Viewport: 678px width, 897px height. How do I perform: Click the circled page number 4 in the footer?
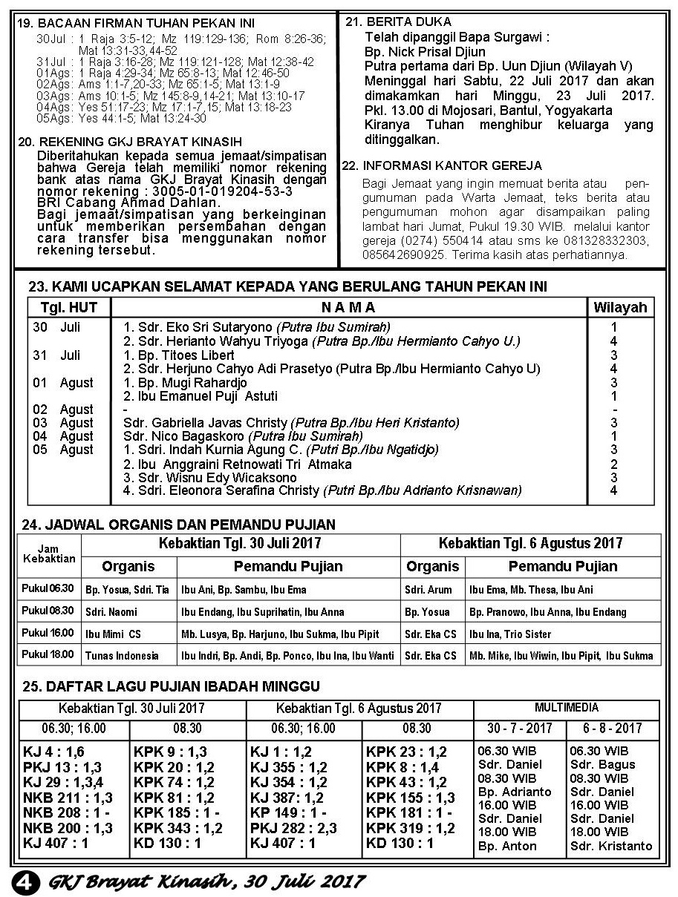click(23, 881)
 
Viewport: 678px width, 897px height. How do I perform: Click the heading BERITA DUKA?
click(409, 22)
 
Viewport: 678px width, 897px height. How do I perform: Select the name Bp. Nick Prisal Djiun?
click(425, 51)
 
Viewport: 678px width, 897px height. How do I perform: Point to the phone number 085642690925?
click(404, 254)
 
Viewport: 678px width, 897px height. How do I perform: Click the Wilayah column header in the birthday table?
click(619, 307)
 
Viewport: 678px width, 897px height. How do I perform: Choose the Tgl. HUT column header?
click(68, 307)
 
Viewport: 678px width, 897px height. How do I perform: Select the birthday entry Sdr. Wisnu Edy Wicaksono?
click(209, 477)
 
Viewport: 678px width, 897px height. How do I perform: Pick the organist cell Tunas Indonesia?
click(122, 656)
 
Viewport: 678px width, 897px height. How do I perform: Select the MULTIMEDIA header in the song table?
click(567, 708)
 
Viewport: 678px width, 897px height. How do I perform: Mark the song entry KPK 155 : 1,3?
click(410, 798)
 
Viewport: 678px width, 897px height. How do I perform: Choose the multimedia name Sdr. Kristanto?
click(611, 846)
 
